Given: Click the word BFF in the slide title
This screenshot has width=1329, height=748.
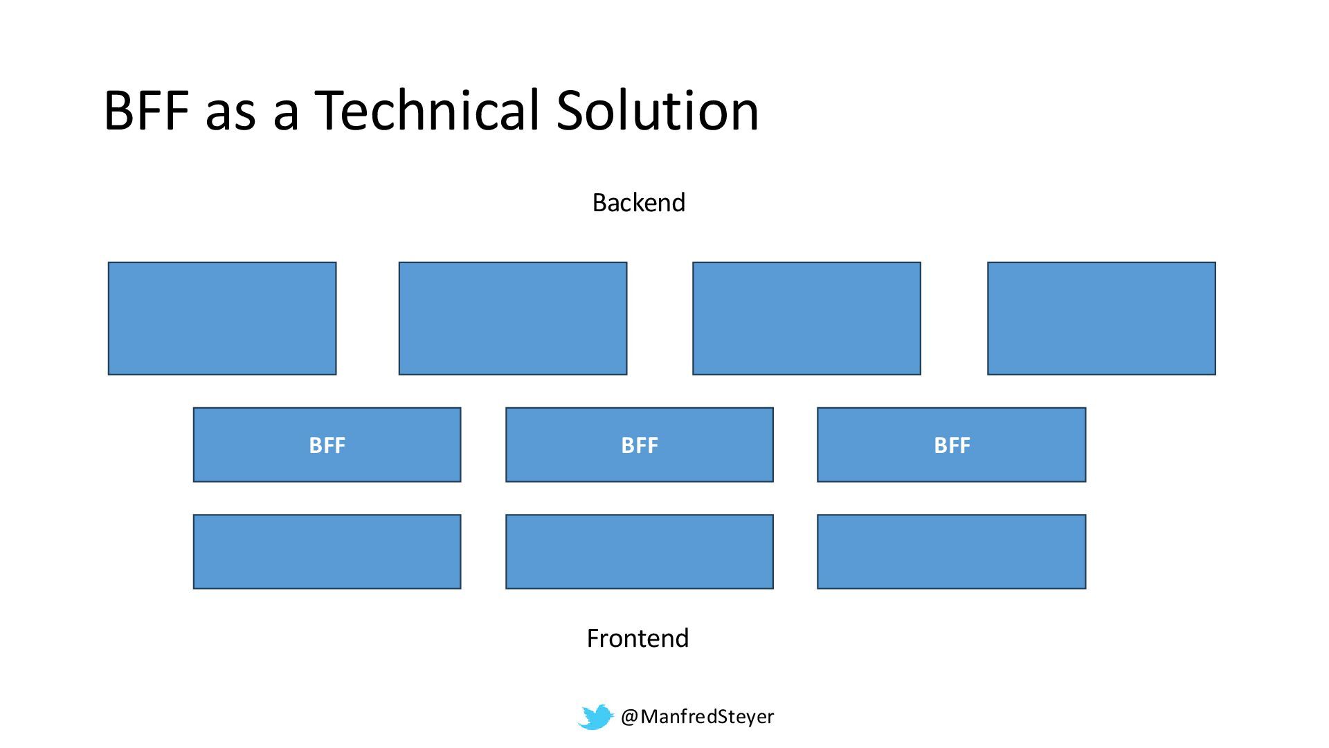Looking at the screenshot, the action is (x=146, y=111).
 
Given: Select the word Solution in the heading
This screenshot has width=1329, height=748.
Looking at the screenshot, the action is (x=658, y=111).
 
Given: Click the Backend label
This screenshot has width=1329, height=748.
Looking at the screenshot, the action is (x=638, y=202).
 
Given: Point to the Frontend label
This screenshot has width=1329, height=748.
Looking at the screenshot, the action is (x=638, y=638).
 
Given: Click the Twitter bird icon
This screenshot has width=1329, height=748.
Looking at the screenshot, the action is (x=595, y=717).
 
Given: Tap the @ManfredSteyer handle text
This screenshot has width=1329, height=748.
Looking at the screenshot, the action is (x=697, y=716).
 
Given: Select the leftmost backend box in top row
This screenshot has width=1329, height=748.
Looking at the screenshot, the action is (x=222, y=319).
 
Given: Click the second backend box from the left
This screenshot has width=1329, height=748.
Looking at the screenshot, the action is (x=513, y=319).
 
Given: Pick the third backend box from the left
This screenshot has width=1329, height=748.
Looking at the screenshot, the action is (x=806, y=319).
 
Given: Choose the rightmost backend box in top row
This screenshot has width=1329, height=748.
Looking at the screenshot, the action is (x=1101, y=319).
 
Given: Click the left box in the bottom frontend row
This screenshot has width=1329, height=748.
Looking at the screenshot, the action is (x=327, y=552).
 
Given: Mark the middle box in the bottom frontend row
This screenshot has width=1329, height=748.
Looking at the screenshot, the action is (x=640, y=552).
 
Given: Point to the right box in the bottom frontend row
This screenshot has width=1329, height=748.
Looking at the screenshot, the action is (x=952, y=552).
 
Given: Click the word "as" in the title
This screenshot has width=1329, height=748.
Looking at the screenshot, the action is (x=230, y=114).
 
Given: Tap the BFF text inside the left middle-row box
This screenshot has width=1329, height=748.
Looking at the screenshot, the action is (x=327, y=445).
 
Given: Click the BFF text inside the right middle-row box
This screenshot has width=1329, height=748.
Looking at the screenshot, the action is (x=952, y=445).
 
